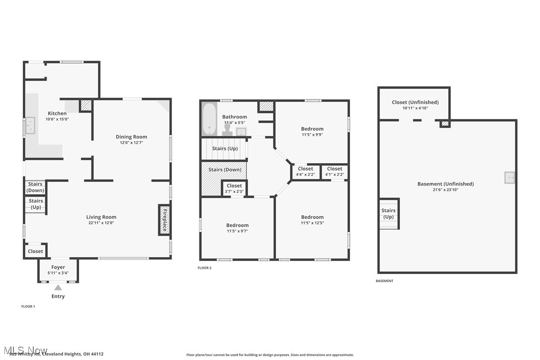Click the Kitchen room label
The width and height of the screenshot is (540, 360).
(x=57, y=113)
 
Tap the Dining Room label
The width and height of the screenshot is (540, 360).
(x=131, y=137)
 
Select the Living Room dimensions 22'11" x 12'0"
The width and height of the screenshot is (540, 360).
(x=101, y=223)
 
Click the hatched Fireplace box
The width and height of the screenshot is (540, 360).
(x=164, y=219)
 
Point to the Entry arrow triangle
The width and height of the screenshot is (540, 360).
(x=58, y=287)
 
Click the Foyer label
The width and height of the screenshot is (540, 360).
(x=58, y=267)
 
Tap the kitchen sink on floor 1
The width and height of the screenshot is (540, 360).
(x=30, y=126)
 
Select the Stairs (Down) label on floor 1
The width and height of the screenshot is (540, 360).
(x=35, y=187)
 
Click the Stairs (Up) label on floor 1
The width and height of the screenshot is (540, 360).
(x=36, y=204)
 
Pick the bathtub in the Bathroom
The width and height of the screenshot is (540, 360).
(x=210, y=119)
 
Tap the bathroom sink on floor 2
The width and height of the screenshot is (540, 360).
(x=241, y=131)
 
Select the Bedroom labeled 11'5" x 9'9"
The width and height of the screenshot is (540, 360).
(x=312, y=129)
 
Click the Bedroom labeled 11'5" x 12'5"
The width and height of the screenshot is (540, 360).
(x=312, y=217)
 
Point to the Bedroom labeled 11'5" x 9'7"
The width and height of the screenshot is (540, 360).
(x=237, y=225)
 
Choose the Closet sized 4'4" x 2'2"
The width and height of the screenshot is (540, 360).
(x=305, y=169)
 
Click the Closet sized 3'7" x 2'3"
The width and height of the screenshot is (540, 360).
(x=234, y=185)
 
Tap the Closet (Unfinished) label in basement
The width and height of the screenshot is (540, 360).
(x=415, y=102)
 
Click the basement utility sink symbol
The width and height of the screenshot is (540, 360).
(x=510, y=178)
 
